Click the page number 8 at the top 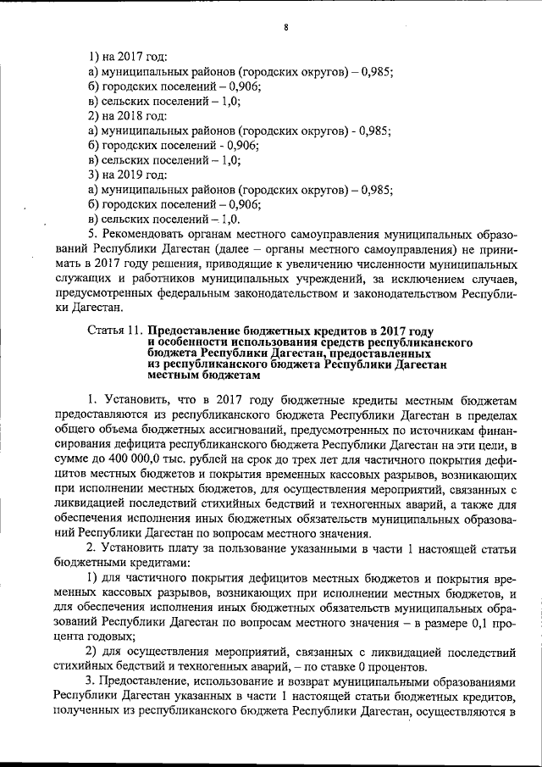coord(287,28)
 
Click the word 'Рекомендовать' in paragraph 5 coord(147,232)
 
